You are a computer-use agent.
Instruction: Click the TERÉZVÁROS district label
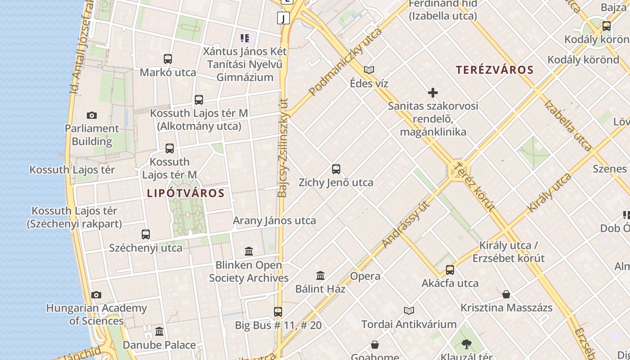[495, 70]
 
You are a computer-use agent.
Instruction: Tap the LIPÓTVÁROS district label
[185, 193]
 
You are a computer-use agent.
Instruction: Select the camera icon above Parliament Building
[92, 116]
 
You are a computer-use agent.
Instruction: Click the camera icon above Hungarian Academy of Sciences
[96, 295]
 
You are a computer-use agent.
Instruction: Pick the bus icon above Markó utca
[168, 59]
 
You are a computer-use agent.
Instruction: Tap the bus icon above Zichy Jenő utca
[336, 169]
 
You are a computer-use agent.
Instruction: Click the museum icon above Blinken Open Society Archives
[249, 251]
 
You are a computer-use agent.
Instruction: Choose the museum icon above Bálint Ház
[320, 275]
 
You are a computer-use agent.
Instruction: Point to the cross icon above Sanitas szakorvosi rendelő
[433, 93]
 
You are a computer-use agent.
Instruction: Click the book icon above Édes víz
[369, 70]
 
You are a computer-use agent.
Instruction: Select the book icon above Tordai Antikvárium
[409, 310]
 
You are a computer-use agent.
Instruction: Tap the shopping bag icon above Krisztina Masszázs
[506, 295]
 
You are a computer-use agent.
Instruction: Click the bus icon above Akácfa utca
[450, 270]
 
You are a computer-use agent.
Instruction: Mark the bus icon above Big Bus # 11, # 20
[278, 311]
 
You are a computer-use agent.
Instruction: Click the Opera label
[365, 276]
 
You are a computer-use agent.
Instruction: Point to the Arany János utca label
[274, 221]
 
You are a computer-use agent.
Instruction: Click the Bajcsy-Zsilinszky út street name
[283, 148]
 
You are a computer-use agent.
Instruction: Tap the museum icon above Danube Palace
[159, 332]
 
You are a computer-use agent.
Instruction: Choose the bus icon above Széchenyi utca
[146, 234]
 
